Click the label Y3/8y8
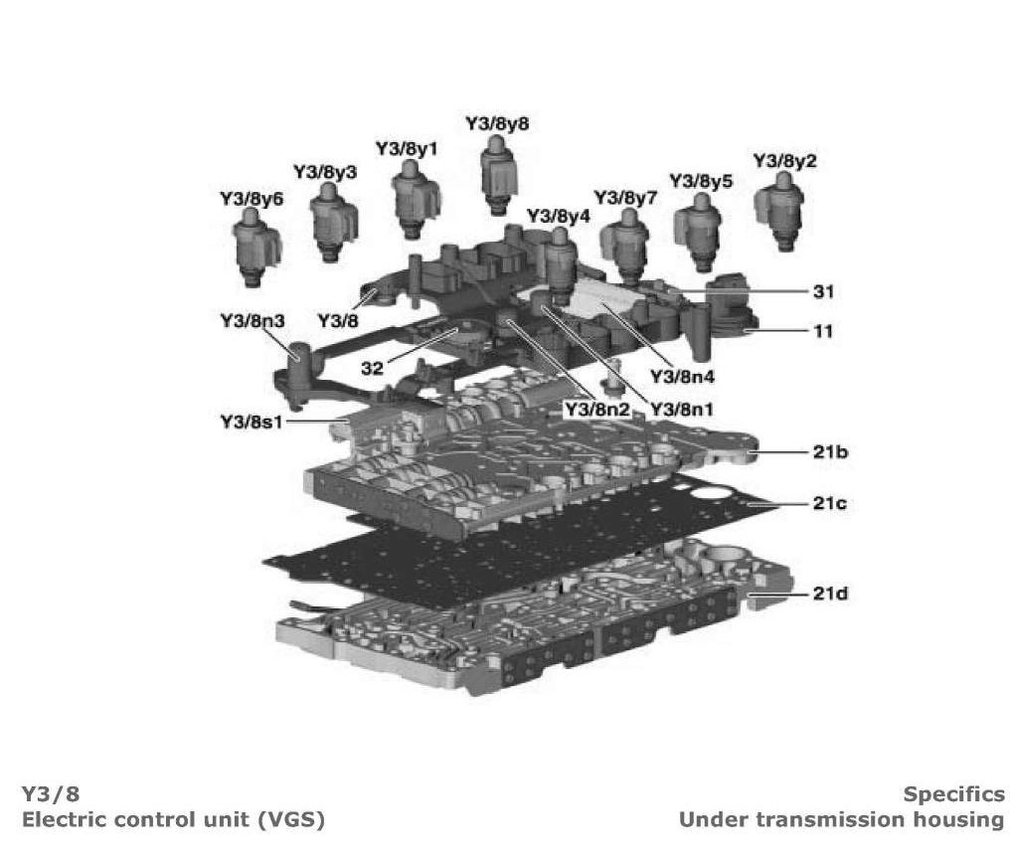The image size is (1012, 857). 497,124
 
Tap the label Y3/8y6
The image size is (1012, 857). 252,200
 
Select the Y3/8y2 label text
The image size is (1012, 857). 784,161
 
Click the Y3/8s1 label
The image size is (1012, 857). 252,423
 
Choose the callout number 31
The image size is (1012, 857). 823,291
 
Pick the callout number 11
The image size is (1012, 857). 823,330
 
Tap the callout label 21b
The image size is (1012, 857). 829,453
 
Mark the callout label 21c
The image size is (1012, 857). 829,504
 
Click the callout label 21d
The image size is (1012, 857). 829,595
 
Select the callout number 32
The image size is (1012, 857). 372,368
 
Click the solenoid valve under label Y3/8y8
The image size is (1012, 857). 498,173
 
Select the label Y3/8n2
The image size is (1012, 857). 596,409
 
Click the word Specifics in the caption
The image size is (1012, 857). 953,794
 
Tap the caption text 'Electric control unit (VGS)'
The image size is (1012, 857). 173,820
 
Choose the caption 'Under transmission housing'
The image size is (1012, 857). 841,820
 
